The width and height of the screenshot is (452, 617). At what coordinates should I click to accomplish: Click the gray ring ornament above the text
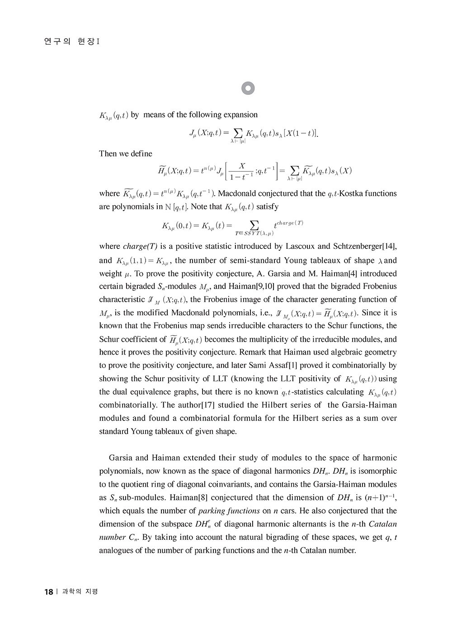point(248,89)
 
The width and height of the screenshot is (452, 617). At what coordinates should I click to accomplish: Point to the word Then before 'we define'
point(108,154)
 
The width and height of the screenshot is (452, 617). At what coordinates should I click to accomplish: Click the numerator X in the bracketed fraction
point(242,166)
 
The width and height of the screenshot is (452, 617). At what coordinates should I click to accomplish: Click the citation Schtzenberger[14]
point(365,247)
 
